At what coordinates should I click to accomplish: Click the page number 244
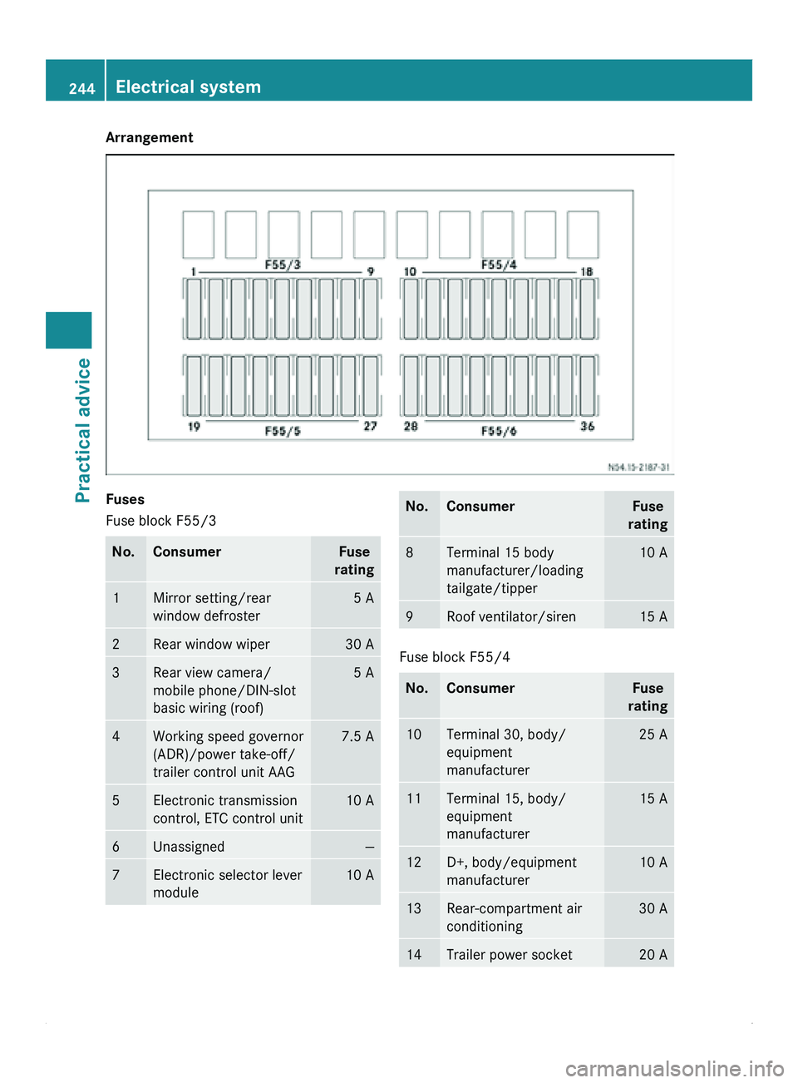click(81, 88)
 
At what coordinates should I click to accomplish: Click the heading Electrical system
click(188, 87)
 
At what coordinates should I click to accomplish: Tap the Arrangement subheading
click(150, 137)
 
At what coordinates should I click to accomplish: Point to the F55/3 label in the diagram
click(283, 265)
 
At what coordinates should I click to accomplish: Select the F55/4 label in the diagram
click(499, 265)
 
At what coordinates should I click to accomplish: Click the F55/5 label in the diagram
click(283, 431)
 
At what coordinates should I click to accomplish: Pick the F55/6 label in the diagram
click(499, 431)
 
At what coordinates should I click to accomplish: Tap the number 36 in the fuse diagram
click(588, 426)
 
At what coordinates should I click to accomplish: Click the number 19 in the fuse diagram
click(194, 427)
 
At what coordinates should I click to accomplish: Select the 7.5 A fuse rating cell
click(357, 737)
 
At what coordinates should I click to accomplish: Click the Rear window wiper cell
click(211, 645)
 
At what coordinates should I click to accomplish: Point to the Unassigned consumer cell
click(189, 847)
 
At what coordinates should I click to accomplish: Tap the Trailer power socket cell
click(510, 955)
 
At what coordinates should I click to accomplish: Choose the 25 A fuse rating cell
click(653, 734)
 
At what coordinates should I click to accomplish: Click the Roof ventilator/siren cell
click(511, 617)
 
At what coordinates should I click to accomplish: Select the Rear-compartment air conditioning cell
click(514, 917)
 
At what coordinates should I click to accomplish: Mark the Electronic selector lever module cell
click(227, 883)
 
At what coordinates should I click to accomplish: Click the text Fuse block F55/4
click(455, 657)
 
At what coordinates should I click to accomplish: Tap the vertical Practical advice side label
click(82, 430)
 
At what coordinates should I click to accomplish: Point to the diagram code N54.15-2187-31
click(638, 467)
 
